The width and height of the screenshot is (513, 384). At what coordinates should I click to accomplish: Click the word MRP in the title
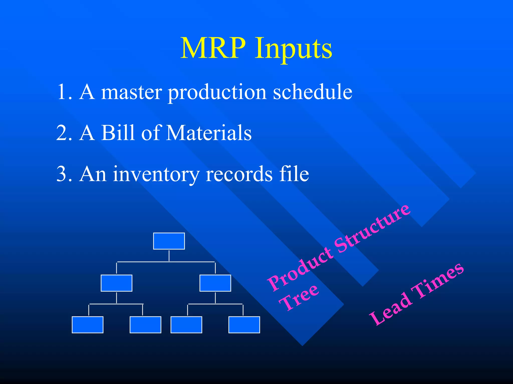pos(213,48)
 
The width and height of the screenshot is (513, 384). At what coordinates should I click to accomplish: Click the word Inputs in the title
pos(294,49)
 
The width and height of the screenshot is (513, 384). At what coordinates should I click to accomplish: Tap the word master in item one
pos(132,92)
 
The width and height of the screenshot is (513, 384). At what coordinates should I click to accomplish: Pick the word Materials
pos(209,133)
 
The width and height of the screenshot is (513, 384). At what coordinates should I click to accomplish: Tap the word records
pos(239,174)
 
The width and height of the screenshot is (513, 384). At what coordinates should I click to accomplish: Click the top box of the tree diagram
pos(169,241)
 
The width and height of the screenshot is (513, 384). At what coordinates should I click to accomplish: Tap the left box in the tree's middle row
pos(116,283)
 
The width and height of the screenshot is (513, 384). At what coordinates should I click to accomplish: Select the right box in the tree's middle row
pos(215,283)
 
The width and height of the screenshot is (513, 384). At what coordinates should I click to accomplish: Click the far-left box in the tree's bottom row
pos(87,325)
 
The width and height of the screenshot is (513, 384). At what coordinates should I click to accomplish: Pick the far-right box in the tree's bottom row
pos(244,325)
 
